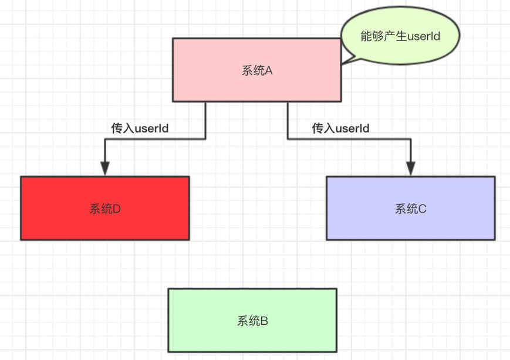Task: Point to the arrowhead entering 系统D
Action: click(x=104, y=168)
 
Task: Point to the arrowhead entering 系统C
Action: click(x=410, y=168)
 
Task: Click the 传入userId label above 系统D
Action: click(x=140, y=128)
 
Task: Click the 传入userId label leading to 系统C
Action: click(x=340, y=128)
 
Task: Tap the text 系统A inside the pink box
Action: click(x=257, y=70)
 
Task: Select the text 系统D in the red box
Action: click(x=105, y=209)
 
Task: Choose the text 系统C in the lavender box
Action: click(x=410, y=209)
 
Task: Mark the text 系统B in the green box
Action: click(x=252, y=321)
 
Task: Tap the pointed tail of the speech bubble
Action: click(x=345, y=60)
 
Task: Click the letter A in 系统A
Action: click(x=269, y=70)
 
